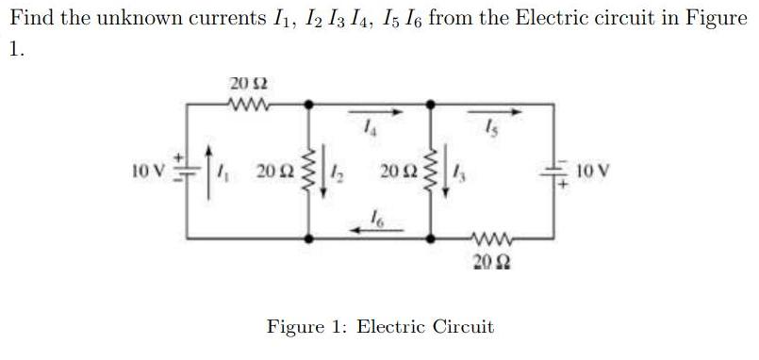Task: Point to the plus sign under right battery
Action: point(563,186)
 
